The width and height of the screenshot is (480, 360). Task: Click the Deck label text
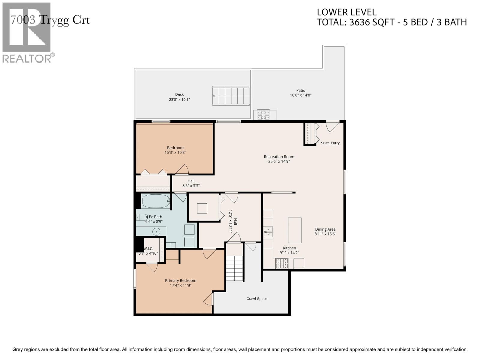click(179, 94)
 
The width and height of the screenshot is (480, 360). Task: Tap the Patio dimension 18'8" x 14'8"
click(301, 95)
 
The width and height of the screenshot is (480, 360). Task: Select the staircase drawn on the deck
click(231, 96)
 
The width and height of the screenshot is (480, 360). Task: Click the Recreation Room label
click(279, 157)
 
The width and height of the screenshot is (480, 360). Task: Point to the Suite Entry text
click(330, 143)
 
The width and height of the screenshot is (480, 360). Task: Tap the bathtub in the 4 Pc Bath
click(155, 201)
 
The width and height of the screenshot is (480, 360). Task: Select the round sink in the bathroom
click(156, 232)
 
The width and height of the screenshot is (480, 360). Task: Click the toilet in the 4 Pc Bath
click(142, 217)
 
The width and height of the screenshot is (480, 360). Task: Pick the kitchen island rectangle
click(295, 230)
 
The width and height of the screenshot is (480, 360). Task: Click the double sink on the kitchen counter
click(268, 232)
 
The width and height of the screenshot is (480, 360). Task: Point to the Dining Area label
click(325, 229)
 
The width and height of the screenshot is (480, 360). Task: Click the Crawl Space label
click(257, 299)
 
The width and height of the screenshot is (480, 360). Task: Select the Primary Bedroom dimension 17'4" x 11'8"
click(181, 285)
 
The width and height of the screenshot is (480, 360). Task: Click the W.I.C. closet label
click(148, 249)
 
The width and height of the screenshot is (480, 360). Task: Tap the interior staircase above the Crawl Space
click(234, 268)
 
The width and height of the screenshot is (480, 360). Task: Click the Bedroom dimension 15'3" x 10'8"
click(175, 152)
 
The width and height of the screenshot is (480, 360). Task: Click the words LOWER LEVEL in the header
click(346, 12)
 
